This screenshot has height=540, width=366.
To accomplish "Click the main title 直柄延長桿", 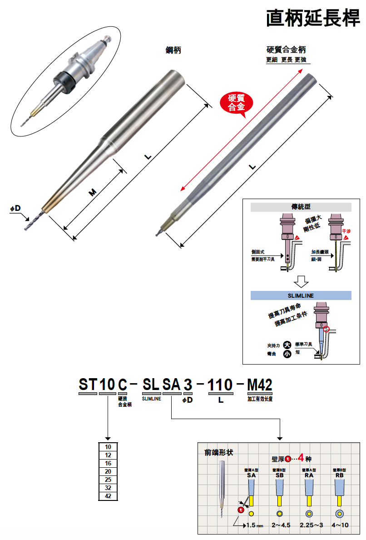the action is coord(313,18).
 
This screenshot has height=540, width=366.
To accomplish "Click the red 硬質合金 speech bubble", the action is coord(236,103).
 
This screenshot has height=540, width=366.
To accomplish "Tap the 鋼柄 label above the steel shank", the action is coord(173,50).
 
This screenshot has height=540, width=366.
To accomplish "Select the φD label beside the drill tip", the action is coord(15,208).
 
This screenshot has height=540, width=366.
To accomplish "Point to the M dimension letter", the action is coord(92,193).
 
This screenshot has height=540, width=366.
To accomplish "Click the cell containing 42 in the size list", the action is coord(108,496).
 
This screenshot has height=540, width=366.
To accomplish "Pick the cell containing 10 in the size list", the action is coord(108,447).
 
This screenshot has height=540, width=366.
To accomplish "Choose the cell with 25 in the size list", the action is coord(108,480).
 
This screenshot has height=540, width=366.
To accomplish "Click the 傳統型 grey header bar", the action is coord(301,207).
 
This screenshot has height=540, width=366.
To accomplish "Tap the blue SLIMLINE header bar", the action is coord(301,295).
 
